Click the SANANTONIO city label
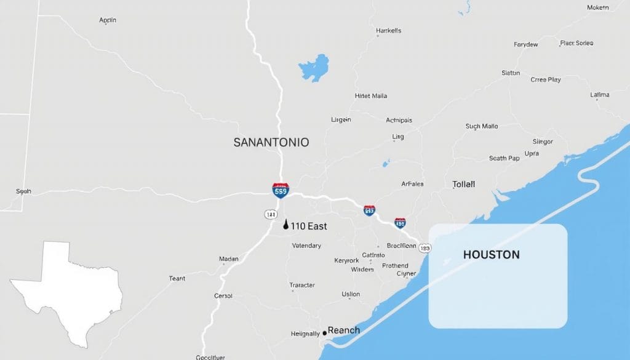point(271,142)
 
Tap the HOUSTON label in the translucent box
point(491,254)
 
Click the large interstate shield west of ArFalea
point(281,190)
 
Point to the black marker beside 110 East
point(285,225)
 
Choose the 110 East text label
point(309,226)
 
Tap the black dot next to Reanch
point(324,333)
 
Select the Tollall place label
point(463,184)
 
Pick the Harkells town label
point(388,30)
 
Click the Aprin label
point(108,20)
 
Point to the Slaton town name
point(511,73)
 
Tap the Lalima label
point(599,95)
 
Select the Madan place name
point(228,259)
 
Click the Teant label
point(177,279)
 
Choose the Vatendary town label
point(306,246)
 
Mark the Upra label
point(532,153)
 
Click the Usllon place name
point(351,294)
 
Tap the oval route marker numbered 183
point(425,248)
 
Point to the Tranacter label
point(302,285)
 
